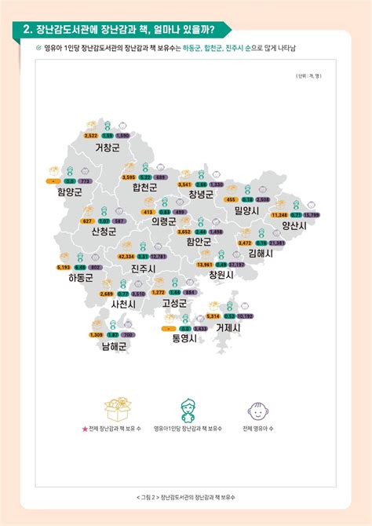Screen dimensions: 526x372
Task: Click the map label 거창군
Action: (x=108, y=147)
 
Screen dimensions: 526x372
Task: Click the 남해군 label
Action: (x=114, y=345)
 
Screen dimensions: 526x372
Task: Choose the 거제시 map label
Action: (x=228, y=327)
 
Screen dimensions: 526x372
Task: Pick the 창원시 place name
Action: (x=222, y=276)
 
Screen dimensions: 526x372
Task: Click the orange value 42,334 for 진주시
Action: (x=126, y=257)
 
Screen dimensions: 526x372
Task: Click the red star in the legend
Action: (x=84, y=428)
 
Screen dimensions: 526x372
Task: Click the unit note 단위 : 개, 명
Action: (x=307, y=75)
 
